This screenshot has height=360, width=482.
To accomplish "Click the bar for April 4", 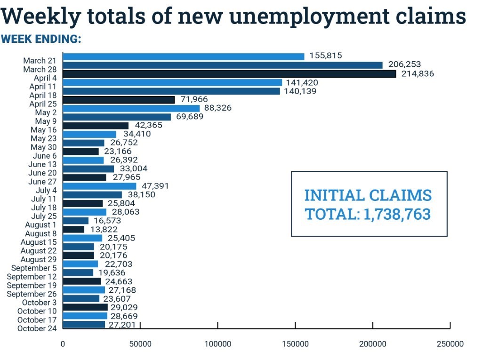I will (x=229, y=74).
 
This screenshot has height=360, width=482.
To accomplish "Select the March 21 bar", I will (x=184, y=56).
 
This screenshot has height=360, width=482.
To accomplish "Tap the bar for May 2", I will (x=131, y=108).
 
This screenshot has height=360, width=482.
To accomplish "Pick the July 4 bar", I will (x=99, y=186).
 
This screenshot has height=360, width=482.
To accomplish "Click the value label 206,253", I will (x=404, y=64).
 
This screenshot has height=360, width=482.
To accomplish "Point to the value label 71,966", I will (x=194, y=99).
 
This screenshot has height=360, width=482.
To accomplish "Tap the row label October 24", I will (x=37, y=328).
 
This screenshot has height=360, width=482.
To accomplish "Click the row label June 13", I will (x=43, y=164).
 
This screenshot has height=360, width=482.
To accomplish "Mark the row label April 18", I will (x=43, y=95).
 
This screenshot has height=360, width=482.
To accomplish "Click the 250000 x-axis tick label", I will (x=450, y=344).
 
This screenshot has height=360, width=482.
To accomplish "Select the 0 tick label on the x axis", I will (x=63, y=344).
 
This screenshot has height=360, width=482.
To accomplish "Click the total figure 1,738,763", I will (x=397, y=215).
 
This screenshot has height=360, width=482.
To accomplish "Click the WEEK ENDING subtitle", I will (x=41, y=39).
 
